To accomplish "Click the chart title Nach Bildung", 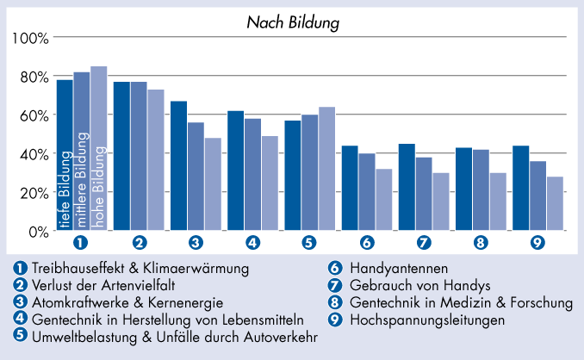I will [291, 19].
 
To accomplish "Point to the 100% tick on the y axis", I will [31, 38].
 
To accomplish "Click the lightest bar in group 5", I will [326, 169].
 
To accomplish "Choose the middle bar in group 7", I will [423, 194].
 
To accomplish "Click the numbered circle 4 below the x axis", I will [252, 243].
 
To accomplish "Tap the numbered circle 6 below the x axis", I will [367, 243].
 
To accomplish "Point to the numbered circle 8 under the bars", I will [481, 243].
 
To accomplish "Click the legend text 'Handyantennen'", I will [400, 269].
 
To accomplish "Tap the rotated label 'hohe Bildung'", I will [99, 188].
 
